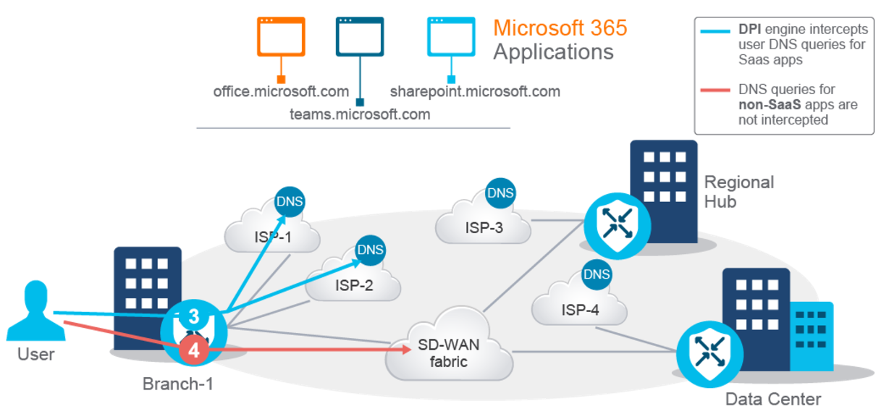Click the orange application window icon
click(x=281, y=36)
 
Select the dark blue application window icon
click(x=360, y=36)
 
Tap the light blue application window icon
click(x=451, y=36)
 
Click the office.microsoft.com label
click(x=281, y=92)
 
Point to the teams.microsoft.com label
click(x=360, y=114)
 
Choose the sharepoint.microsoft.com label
click(x=475, y=92)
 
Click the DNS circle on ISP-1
click(x=290, y=201)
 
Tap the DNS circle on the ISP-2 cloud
click(x=370, y=250)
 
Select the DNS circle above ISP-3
click(x=500, y=193)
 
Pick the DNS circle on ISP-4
click(x=597, y=274)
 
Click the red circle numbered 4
click(x=194, y=350)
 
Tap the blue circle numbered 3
click(x=194, y=316)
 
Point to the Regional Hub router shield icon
click(x=617, y=226)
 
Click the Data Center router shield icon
click(x=709, y=354)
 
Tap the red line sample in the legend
click(x=715, y=90)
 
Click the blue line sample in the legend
click(x=715, y=31)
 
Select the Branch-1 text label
click(x=178, y=384)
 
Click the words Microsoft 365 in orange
click(x=560, y=28)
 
